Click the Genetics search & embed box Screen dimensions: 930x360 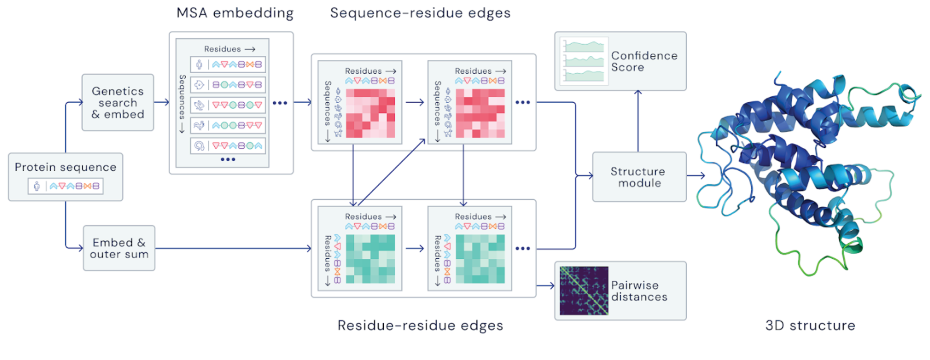pos(118,103)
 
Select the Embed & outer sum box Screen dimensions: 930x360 pos(119,248)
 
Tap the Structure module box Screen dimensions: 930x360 pos(639,177)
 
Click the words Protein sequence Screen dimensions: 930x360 pos(65,167)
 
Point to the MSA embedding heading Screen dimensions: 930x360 pos(235,13)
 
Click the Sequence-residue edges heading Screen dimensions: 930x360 pos(420,13)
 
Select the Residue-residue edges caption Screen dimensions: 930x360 pos(420,325)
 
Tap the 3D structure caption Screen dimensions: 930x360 pos(810,325)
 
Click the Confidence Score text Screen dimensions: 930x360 pos(644,61)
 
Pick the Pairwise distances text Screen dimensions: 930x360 pos(639,291)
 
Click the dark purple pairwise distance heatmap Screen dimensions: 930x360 pos(584,291)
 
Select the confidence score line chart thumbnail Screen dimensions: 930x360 pos(584,61)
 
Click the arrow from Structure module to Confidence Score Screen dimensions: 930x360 pos(638,121)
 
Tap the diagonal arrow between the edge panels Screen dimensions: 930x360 pos(391,172)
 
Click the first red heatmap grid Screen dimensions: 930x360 pos(371,113)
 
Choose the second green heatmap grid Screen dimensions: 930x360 pos(480,259)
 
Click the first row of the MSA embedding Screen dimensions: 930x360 pos(228,64)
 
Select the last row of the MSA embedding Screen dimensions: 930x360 pos(228,146)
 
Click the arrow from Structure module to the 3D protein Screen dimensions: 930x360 pos(696,175)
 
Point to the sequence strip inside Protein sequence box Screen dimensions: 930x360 pos(65,186)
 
